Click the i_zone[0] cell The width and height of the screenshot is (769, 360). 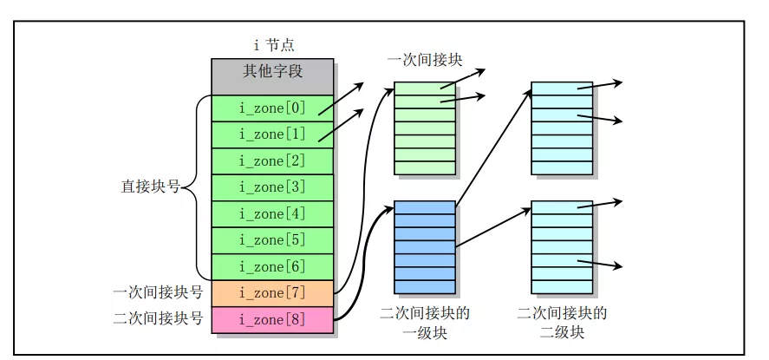[272, 108]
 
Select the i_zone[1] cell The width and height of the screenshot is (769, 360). [272, 134]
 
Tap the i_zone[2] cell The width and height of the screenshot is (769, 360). [272, 161]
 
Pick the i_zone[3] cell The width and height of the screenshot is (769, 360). [272, 187]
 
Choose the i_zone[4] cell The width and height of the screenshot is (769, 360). [272, 213]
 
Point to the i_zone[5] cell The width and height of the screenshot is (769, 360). [272, 240]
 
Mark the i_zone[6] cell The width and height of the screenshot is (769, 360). [272, 266]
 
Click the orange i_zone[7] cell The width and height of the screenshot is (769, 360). [272, 293]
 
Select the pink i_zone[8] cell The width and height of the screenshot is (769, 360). [272, 319]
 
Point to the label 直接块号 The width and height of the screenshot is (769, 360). [149, 187]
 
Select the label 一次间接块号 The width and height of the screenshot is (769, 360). [158, 293]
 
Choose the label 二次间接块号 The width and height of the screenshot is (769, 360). [158, 319]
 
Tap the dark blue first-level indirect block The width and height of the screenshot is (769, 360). [424, 247]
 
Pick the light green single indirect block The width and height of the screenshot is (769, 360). [424, 128]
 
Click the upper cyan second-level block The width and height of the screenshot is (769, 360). [561, 128]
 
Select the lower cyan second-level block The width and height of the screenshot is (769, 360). [561, 247]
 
